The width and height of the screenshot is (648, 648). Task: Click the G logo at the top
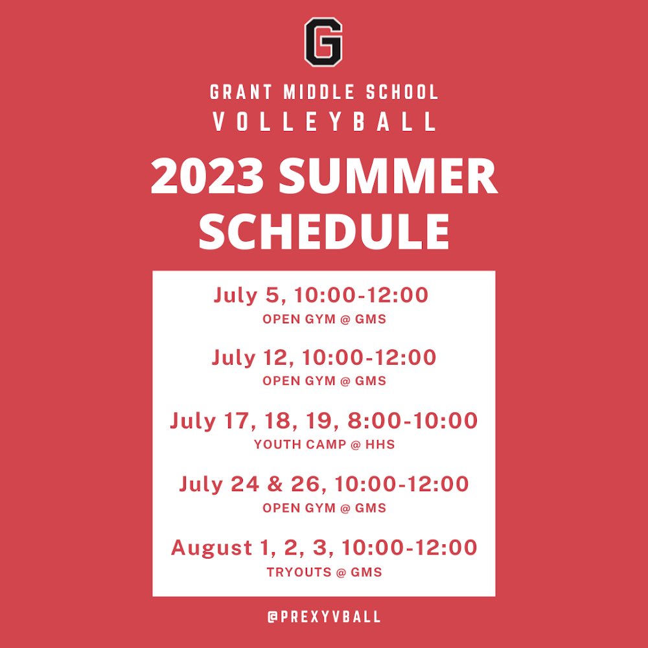323,42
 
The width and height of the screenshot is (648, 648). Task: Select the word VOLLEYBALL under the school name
324,122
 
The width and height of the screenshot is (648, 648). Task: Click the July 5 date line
321,295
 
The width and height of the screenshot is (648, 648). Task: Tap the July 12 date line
323,357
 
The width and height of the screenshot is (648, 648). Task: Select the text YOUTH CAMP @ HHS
324,445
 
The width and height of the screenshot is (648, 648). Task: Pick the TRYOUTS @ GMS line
324,572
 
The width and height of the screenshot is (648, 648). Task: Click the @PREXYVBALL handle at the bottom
324,617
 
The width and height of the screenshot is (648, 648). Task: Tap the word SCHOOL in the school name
402,92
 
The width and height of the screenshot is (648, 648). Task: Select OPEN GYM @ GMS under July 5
324,319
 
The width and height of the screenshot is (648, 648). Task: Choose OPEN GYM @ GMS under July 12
324,381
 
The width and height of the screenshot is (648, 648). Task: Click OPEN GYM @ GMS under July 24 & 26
324,508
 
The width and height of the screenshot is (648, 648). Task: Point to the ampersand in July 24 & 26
283,484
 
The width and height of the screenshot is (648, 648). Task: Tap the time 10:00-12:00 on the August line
410,548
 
